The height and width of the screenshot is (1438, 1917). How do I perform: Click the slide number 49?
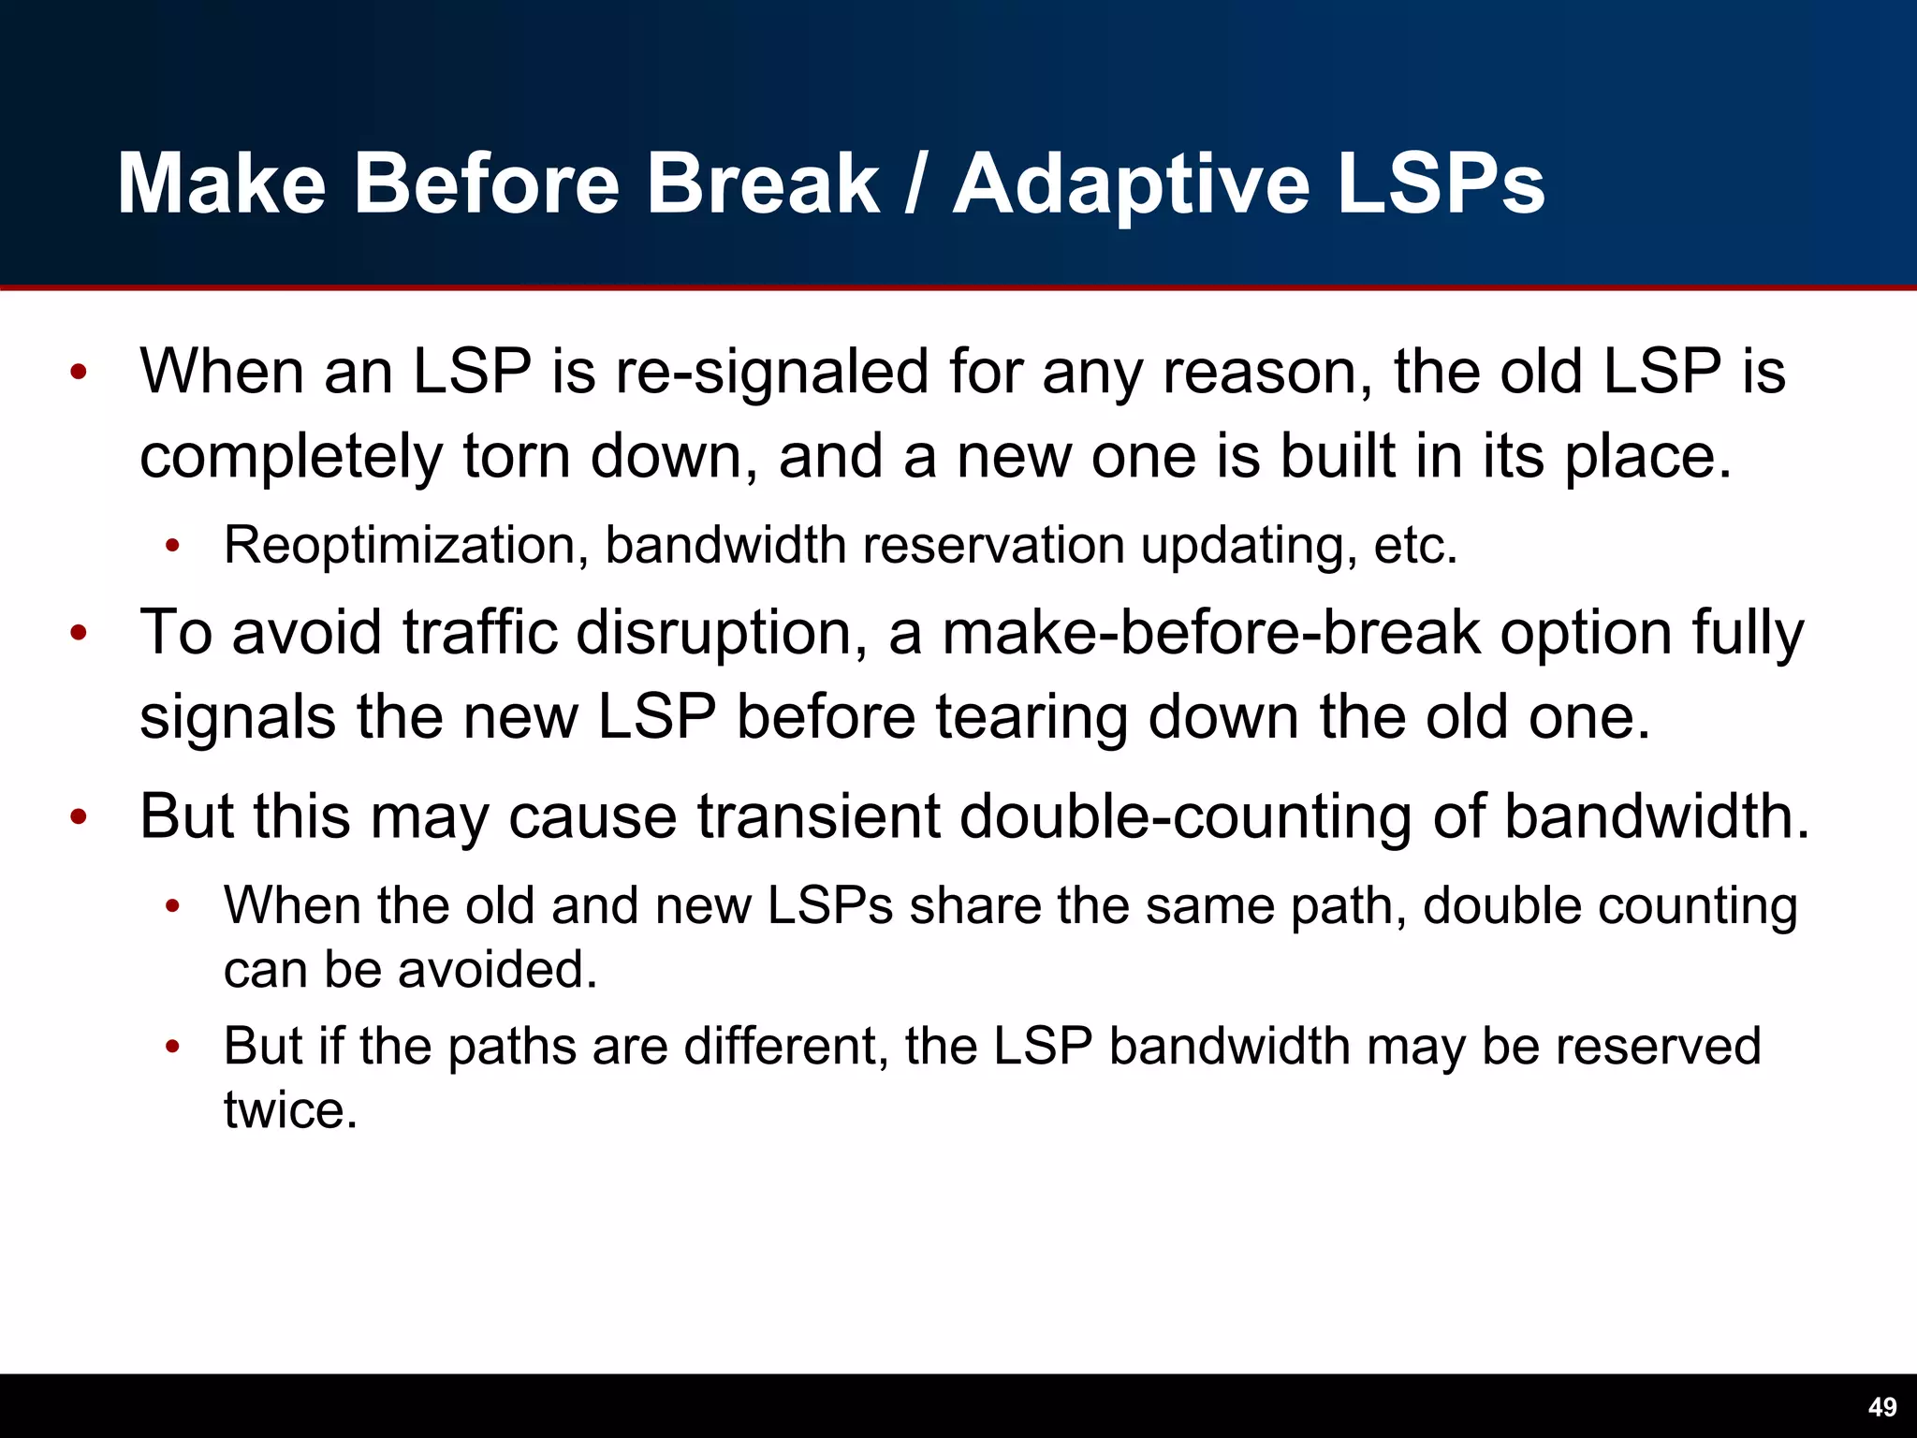pyautogui.click(x=1881, y=1407)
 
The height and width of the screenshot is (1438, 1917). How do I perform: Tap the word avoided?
pyautogui.click(x=497, y=969)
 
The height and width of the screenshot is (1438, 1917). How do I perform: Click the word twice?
pyautogui.click(x=290, y=1110)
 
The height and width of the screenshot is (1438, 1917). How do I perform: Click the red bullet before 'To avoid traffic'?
pyautogui.click(x=79, y=634)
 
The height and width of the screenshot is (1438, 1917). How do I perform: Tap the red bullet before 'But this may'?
pyautogui.click(x=79, y=817)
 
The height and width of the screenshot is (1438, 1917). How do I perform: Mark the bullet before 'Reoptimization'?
pyautogui.click(x=171, y=546)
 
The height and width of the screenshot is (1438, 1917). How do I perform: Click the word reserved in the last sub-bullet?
pyautogui.click(x=1658, y=1046)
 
